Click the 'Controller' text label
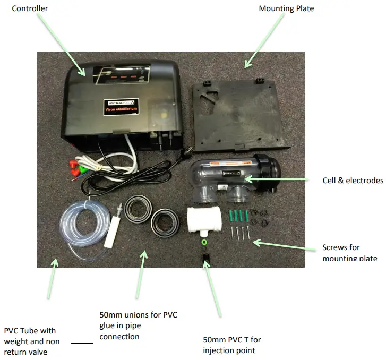30,8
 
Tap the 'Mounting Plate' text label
286,8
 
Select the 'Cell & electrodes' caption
353,181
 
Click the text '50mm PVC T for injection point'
232,345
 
